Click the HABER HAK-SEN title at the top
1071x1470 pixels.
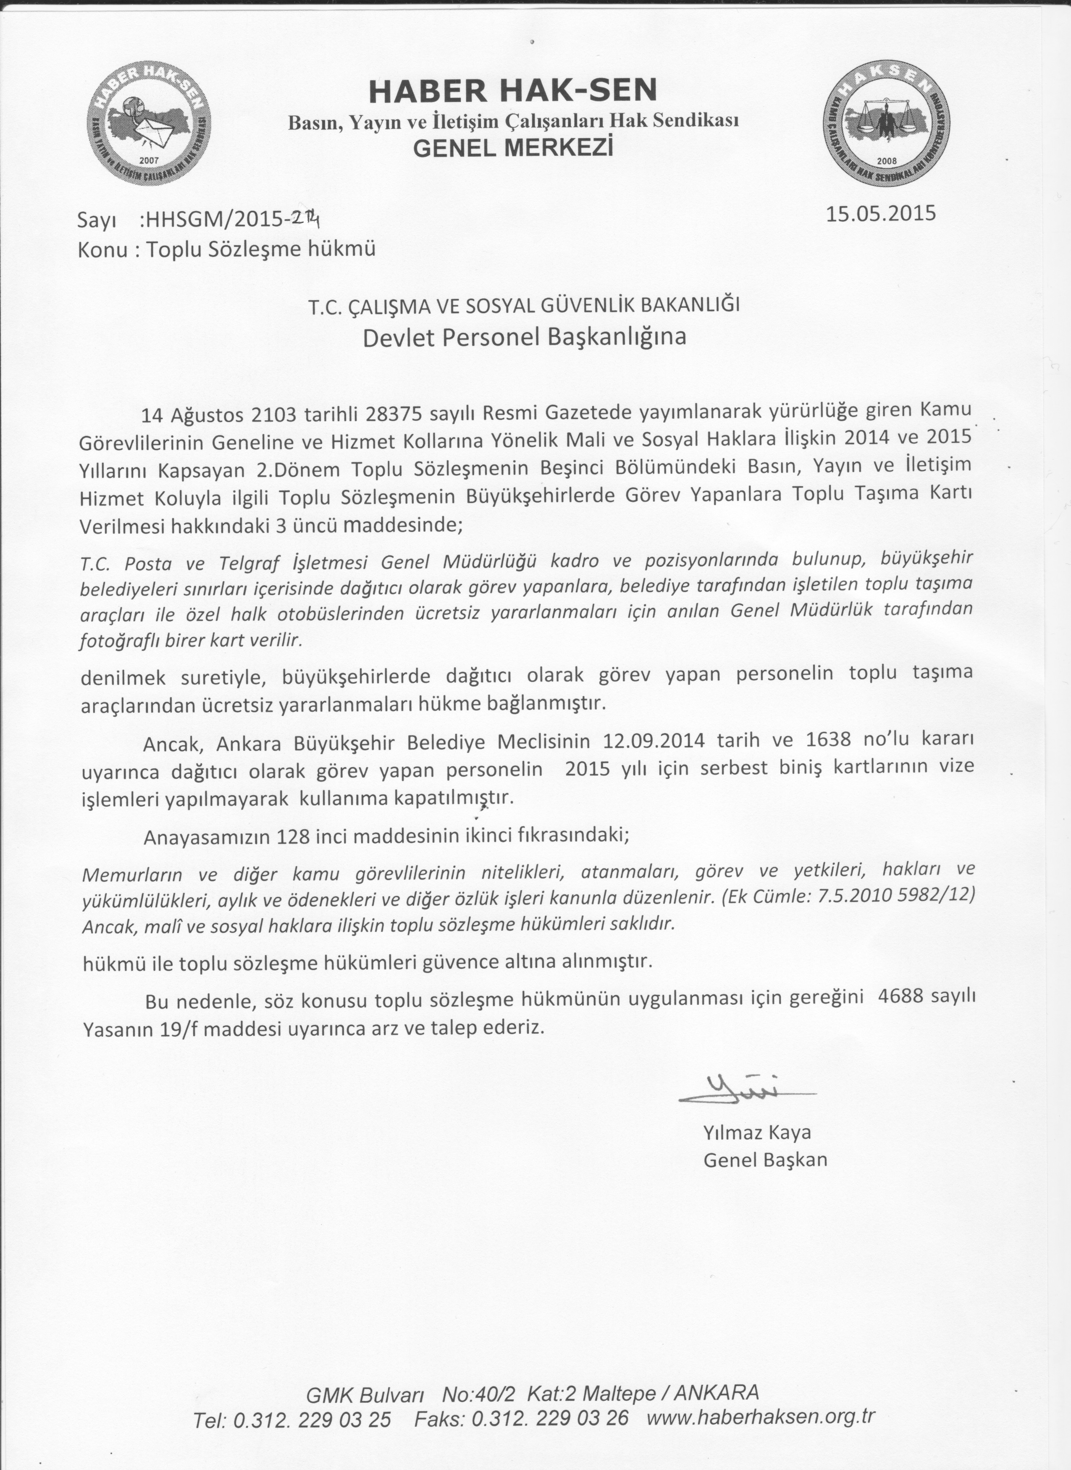click(512, 91)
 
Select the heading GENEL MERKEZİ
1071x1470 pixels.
click(512, 148)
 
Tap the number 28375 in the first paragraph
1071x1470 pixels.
click(393, 413)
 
